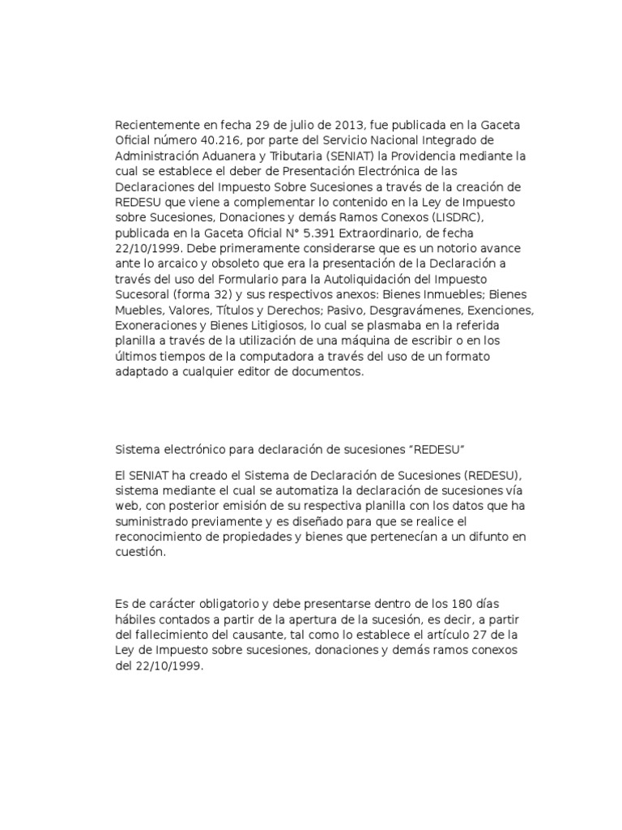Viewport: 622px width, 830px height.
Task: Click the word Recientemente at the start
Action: point(155,125)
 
